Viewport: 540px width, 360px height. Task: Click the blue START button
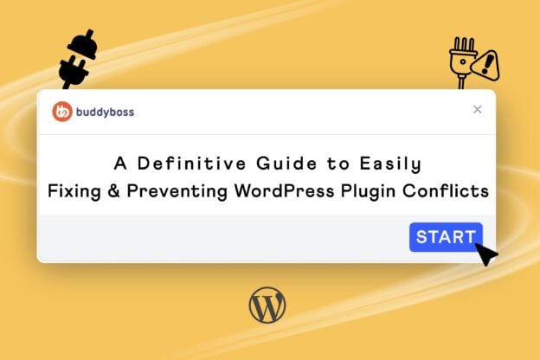pos(446,237)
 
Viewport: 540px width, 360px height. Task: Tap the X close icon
pos(477,110)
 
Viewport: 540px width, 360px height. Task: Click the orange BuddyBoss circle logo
pos(61,112)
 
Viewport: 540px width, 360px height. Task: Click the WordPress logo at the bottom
pos(267,305)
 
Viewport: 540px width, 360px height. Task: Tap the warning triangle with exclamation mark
pos(486,63)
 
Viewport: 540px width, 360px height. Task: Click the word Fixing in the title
pos(78,190)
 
